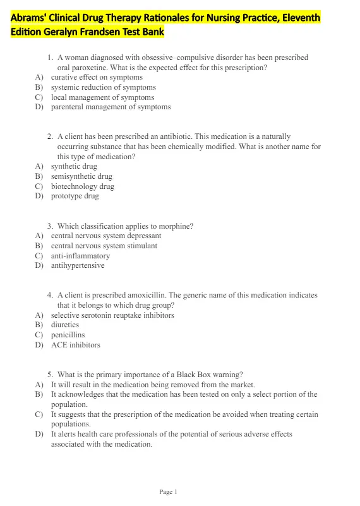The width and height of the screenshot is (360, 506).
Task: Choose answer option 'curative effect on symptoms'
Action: (x=97, y=77)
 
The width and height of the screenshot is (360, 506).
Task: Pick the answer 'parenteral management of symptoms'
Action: (x=111, y=107)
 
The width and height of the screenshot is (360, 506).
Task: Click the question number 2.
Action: (x=50, y=136)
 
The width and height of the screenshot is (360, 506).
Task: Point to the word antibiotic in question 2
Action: (x=172, y=136)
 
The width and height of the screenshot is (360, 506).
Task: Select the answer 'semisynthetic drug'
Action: (x=81, y=176)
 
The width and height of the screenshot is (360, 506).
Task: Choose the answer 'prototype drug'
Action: (x=75, y=196)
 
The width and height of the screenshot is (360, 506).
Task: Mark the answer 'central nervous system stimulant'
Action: (x=104, y=246)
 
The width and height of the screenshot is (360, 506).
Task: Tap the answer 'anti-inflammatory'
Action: (x=80, y=256)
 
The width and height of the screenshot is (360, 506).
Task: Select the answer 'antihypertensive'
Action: (x=78, y=265)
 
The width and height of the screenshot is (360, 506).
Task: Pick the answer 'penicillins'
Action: (x=68, y=335)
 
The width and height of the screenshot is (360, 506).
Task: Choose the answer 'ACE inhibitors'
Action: (x=75, y=345)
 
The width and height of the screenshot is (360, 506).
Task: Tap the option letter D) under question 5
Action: (x=39, y=434)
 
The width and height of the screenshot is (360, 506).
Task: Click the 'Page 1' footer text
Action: (x=169, y=492)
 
